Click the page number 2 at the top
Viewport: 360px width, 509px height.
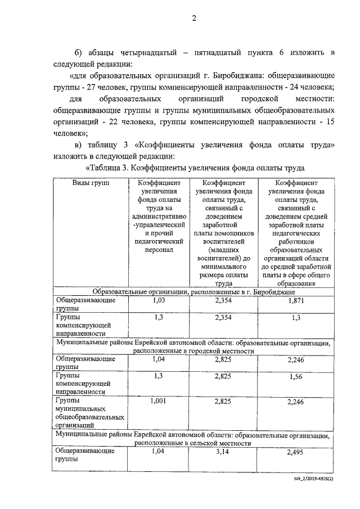pos(193,19)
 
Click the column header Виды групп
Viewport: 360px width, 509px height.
pos(91,183)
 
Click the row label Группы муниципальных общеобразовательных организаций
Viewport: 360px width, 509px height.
pos(89,413)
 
